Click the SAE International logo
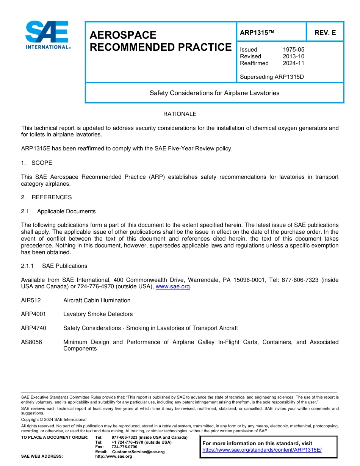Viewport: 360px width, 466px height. [x=47, y=35]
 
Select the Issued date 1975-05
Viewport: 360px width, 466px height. [x=293, y=50]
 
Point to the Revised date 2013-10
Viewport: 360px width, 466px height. [x=293, y=56]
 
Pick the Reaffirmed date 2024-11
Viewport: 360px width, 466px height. [x=293, y=63]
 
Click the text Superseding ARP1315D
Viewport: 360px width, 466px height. [x=272, y=77]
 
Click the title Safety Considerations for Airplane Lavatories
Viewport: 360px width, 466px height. [x=214, y=93]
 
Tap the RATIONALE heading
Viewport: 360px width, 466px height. [x=180, y=114]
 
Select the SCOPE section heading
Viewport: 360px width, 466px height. [x=42, y=163]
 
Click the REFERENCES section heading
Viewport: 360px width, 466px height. [x=52, y=197]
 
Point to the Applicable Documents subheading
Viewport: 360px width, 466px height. [x=66, y=211]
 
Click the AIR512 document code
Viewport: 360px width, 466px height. [x=31, y=300]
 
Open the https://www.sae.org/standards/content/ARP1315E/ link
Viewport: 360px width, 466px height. [x=262, y=450]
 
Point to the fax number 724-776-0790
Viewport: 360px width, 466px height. [x=124, y=447]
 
